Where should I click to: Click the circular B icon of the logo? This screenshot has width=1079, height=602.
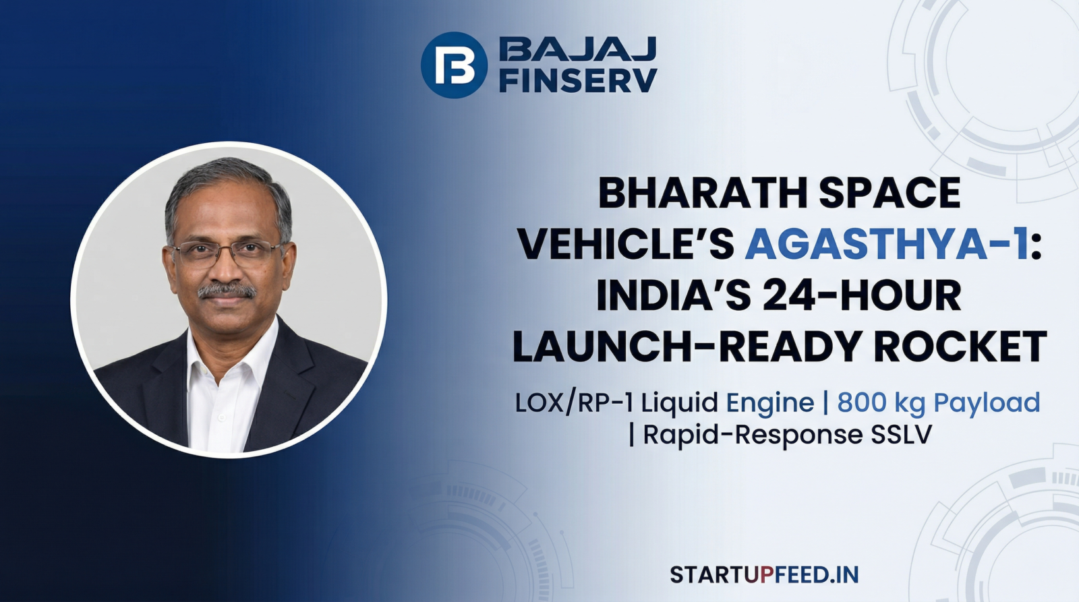[x=453, y=65]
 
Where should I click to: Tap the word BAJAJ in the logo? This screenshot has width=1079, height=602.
[x=577, y=49]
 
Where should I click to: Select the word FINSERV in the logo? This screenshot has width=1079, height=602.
[x=577, y=80]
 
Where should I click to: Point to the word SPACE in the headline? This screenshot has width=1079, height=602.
[x=890, y=194]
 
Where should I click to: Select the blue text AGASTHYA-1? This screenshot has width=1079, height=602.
[x=887, y=244]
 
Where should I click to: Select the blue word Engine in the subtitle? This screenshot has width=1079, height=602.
[x=769, y=403]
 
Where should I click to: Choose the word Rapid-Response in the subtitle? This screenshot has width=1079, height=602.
[x=752, y=435]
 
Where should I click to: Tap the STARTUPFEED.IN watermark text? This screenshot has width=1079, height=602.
[x=764, y=574]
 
